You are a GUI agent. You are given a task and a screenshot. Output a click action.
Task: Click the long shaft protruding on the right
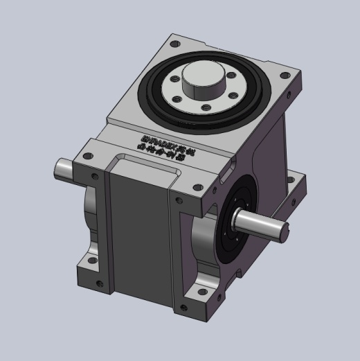click(x=260, y=223)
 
